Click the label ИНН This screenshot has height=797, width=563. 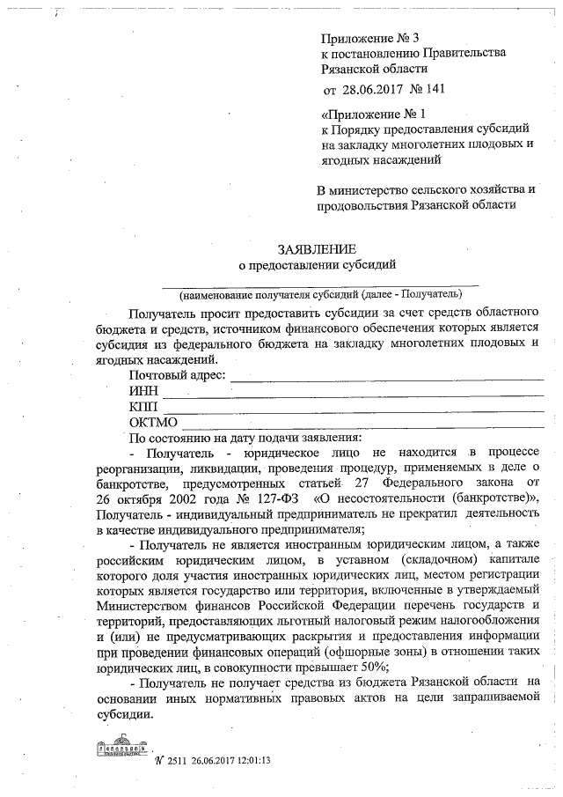pyautogui.click(x=143, y=391)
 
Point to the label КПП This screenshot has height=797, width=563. pyautogui.click(x=143, y=407)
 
